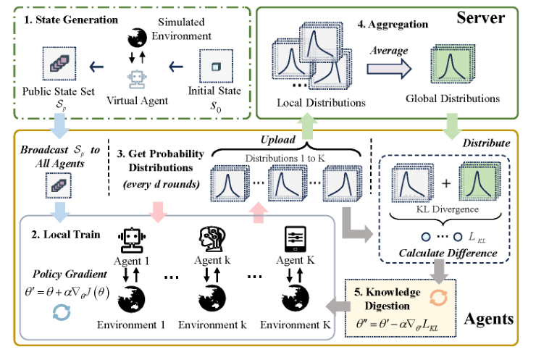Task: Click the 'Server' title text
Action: tap(486, 17)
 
